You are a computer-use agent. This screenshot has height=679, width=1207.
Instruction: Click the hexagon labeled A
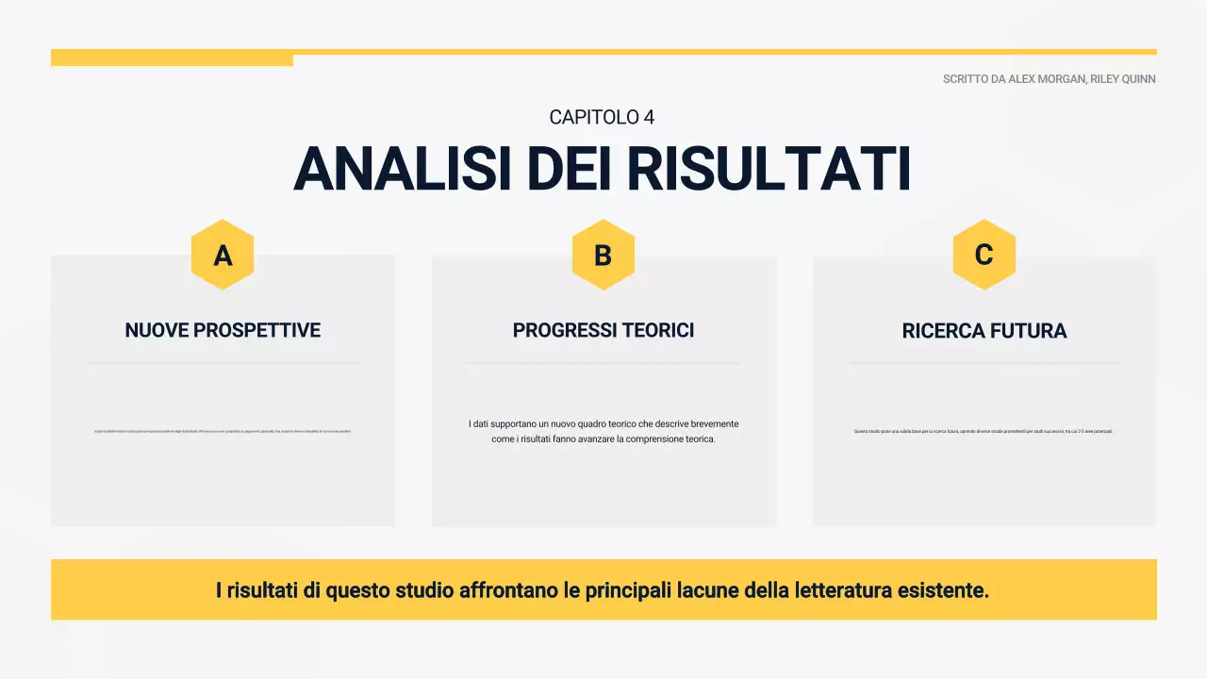[223, 255]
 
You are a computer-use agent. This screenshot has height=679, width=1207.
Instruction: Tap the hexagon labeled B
[603, 255]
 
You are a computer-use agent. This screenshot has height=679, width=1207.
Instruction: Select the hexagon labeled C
[984, 255]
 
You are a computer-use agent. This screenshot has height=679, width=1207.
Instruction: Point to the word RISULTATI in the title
[769, 170]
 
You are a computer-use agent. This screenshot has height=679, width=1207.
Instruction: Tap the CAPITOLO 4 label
[602, 117]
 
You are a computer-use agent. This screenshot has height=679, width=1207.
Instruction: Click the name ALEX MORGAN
[1047, 79]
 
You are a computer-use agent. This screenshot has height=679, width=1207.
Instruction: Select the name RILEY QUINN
[1123, 79]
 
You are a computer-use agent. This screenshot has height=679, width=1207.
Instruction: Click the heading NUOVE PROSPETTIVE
[223, 330]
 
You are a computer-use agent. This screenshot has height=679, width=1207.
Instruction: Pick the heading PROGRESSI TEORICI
[603, 330]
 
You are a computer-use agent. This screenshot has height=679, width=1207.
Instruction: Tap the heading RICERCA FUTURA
[984, 331]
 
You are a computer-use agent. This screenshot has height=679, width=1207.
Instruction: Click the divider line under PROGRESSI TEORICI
[603, 362]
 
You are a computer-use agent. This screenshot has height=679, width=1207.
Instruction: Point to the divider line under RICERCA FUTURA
[984, 362]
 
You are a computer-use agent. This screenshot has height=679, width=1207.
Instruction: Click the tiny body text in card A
[223, 432]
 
